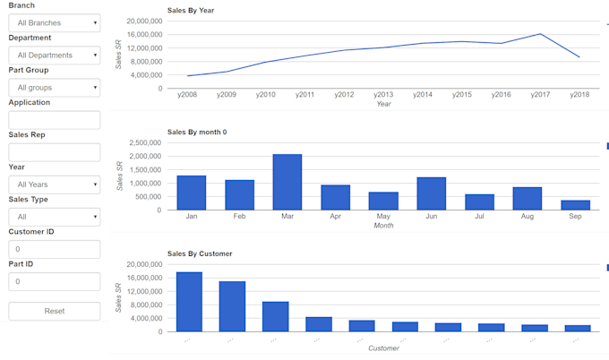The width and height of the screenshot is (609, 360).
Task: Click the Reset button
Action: click(x=54, y=311)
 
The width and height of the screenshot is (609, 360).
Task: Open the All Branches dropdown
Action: click(x=54, y=22)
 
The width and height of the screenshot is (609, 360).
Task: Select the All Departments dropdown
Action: click(x=54, y=55)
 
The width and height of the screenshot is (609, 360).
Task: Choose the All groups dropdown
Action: click(x=54, y=87)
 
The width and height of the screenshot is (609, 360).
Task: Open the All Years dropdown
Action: click(x=54, y=184)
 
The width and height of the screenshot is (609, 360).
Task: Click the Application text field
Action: click(x=54, y=119)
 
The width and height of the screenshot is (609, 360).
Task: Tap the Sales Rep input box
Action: click(x=54, y=152)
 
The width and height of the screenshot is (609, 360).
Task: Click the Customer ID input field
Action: click(x=54, y=249)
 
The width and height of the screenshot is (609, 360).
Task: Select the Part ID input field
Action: click(x=54, y=281)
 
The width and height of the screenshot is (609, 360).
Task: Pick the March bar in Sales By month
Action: click(x=287, y=182)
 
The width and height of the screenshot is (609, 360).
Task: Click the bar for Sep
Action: click(x=575, y=205)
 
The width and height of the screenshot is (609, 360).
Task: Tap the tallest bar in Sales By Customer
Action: click(x=189, y=302)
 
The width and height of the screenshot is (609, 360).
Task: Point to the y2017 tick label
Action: click(x=540, y=94)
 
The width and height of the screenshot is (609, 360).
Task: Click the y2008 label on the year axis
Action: click(x=188, y=94)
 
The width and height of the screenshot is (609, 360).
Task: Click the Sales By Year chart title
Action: click(x=191, y=10)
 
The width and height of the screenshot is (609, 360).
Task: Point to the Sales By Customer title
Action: click(x=200, y=253)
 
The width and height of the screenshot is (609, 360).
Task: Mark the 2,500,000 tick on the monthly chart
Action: click(x=145, y=142)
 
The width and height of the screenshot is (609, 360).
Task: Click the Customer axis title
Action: click(x=383, y=347)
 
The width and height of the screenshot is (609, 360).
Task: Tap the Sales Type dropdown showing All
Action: click(x=54, y=217)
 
